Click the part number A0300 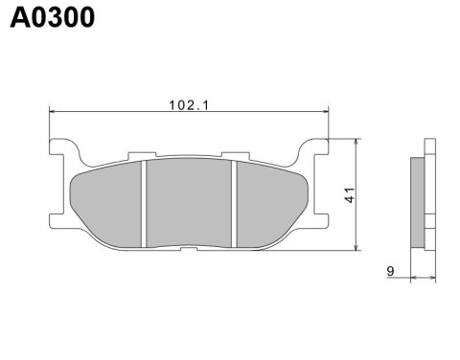53,18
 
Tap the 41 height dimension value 353,195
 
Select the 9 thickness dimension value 391,272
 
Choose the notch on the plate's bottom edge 189,252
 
